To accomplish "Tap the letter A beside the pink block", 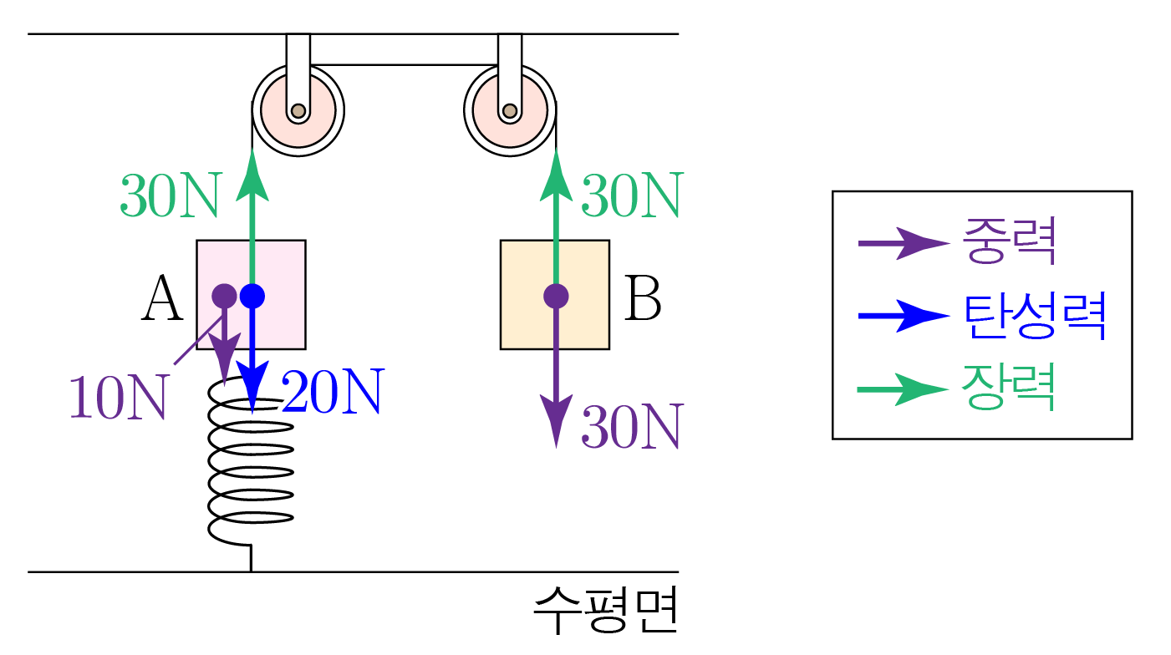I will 162,299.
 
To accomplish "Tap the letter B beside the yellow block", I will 643,299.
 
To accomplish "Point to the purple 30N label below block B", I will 632,427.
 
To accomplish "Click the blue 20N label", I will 333,391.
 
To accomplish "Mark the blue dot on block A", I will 252,295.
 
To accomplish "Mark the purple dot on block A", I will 224,295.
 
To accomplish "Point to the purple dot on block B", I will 556,295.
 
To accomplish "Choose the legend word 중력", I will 1010,242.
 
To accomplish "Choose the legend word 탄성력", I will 1036,316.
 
